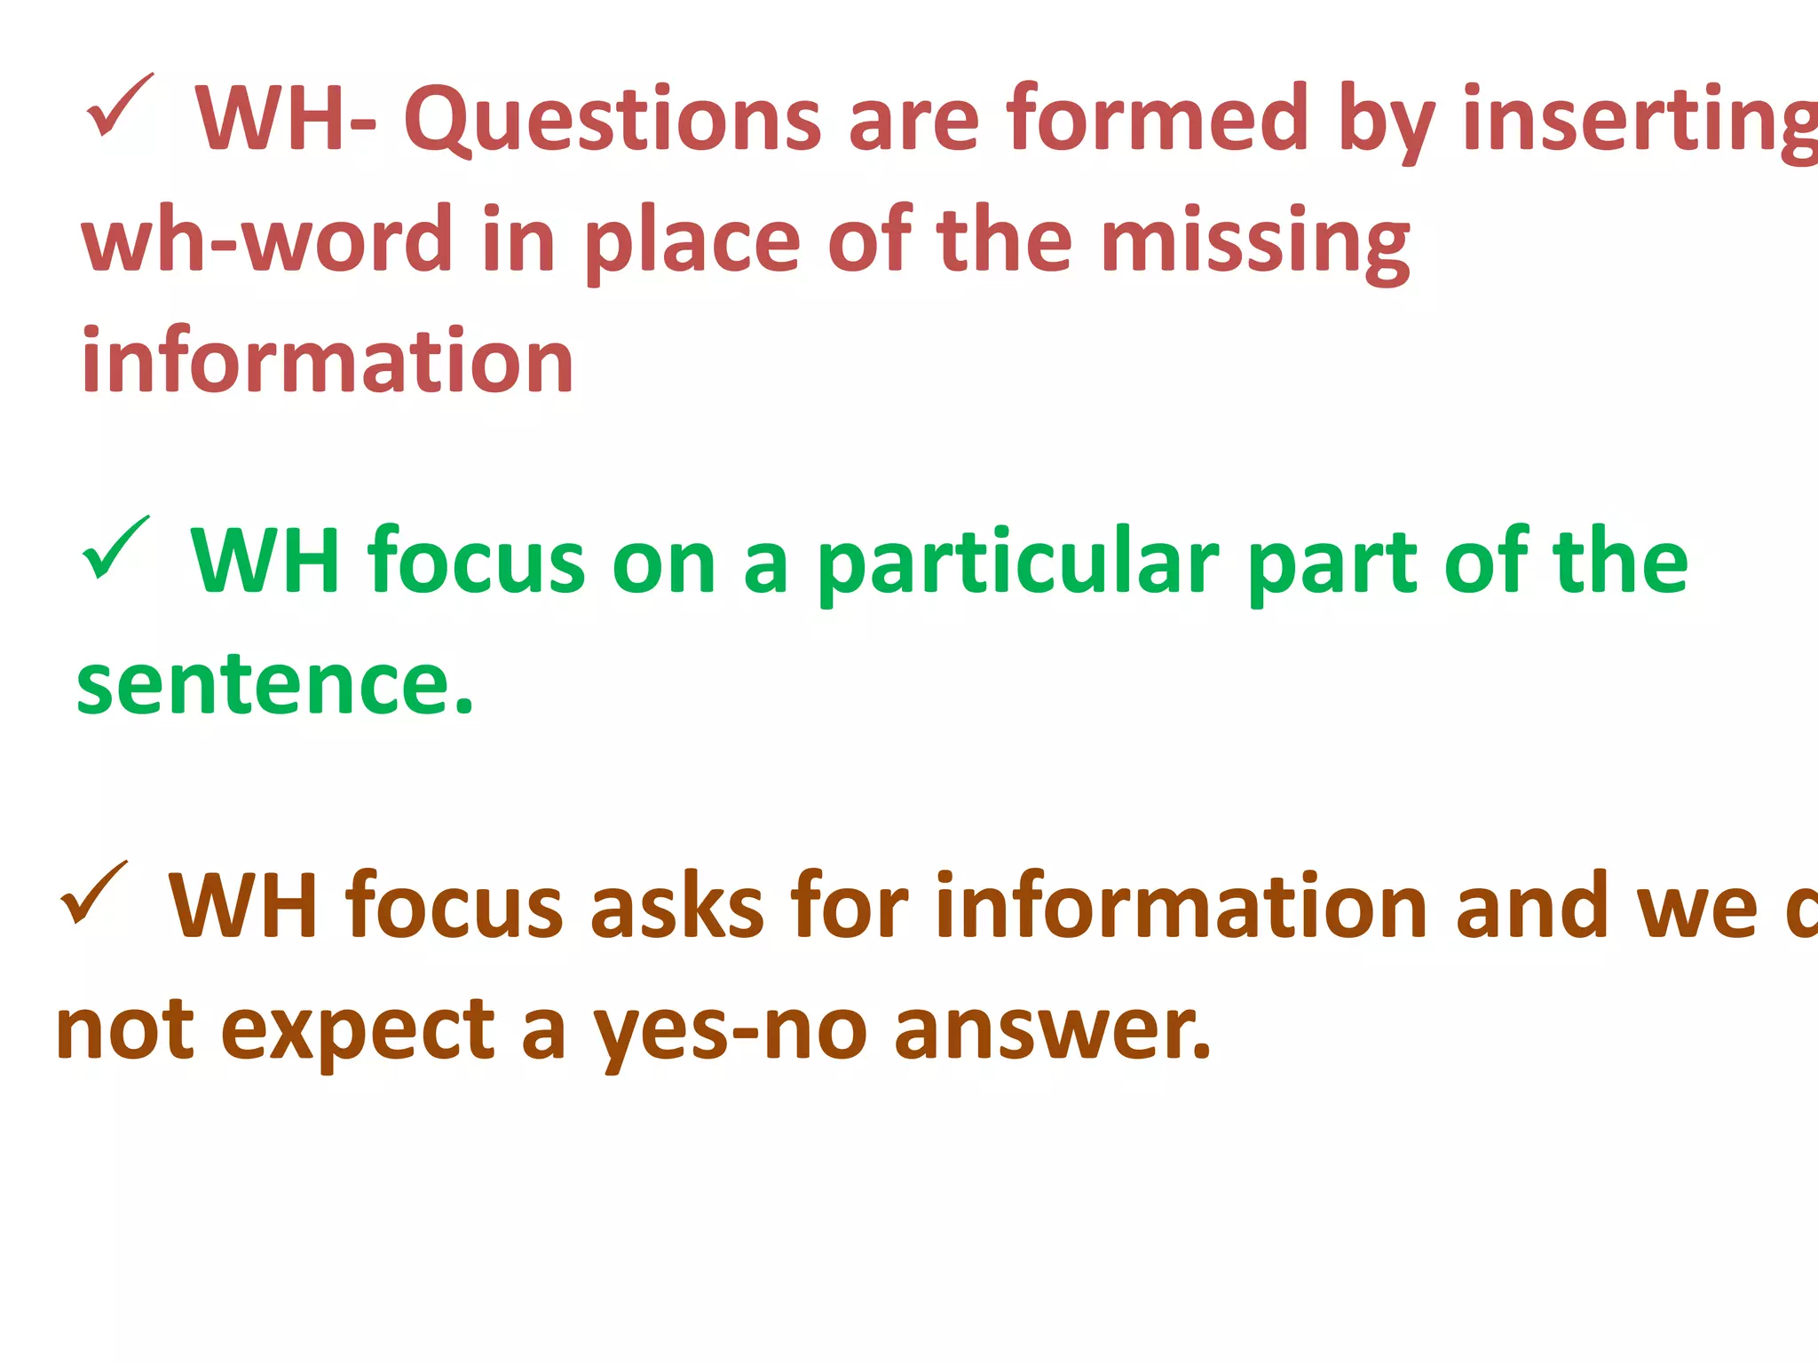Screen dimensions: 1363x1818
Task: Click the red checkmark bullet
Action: [x=120, y=106]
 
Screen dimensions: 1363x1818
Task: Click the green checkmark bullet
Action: [x=115, y=548]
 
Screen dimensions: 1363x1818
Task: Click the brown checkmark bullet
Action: [x=93, y=894]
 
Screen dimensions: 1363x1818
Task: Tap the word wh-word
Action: [x=267, y=240]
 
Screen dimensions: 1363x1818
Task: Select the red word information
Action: [x=328, y=361]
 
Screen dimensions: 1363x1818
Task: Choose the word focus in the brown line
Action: [x=454, y=906]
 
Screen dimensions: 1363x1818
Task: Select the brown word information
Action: [x=1182, y=906]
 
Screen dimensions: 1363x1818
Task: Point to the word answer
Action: [x=1052, y=1030]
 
